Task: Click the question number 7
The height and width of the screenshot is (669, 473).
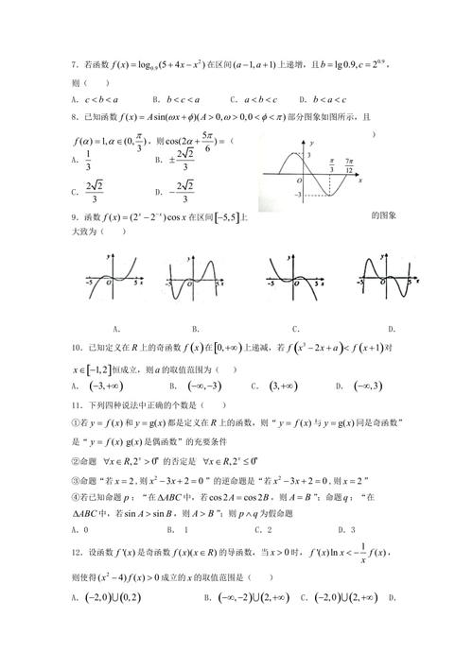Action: coord(74,65)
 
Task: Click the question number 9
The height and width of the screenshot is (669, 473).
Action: coord(74,217)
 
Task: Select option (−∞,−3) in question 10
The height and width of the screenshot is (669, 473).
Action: coord(200,386)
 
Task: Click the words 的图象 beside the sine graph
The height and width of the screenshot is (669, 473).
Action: coord(383,215)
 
